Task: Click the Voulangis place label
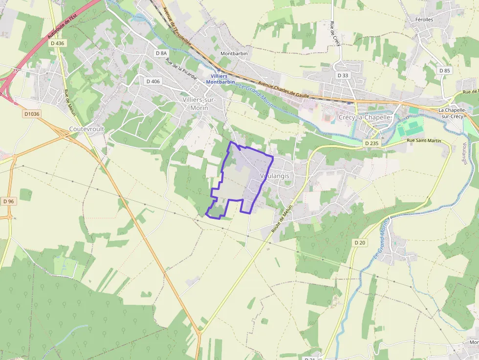click(x=275, y=176)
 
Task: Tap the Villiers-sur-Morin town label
click(x=199, y=104)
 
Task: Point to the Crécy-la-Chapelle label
click(x=365, y=117)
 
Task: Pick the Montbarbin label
click(x=234, y=54)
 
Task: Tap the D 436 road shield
click(x=57, y=43)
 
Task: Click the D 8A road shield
click(x=161, y=53)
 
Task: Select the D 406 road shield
click(x=153, y=81)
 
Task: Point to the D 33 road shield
click(x=343, y=75)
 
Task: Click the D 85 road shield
click(x=444, y=70)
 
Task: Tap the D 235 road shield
click(x=371, y=143)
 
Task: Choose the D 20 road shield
click(x=360, y=243)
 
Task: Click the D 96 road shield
click(x=8, y=201)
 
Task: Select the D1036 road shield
click(x=32, y=114)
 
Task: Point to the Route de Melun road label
click(x=284, y=214)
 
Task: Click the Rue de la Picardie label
click(x=181, y=69)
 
